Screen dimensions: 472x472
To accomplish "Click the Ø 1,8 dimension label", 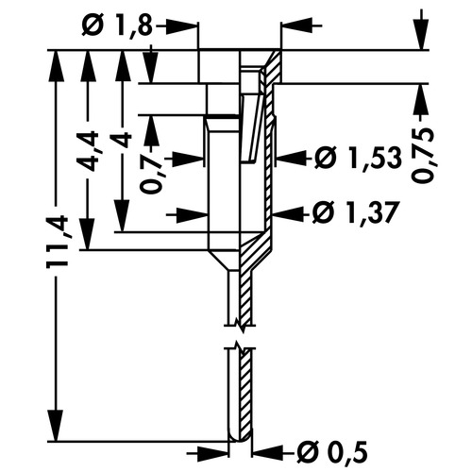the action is click(117, 25).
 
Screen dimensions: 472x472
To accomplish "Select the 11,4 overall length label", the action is click(58, 242).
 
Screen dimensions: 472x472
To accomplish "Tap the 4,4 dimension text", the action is click(87, 151).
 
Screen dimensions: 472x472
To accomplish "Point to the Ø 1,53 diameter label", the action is click(359, 158).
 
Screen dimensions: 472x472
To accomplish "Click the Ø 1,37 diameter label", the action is click(354, 211).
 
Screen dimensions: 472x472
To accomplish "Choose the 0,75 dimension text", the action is click(423, 155).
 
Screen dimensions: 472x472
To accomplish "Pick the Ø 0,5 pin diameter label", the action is click(332, 453).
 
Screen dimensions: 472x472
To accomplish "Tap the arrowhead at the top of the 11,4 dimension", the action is click(57, 66).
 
